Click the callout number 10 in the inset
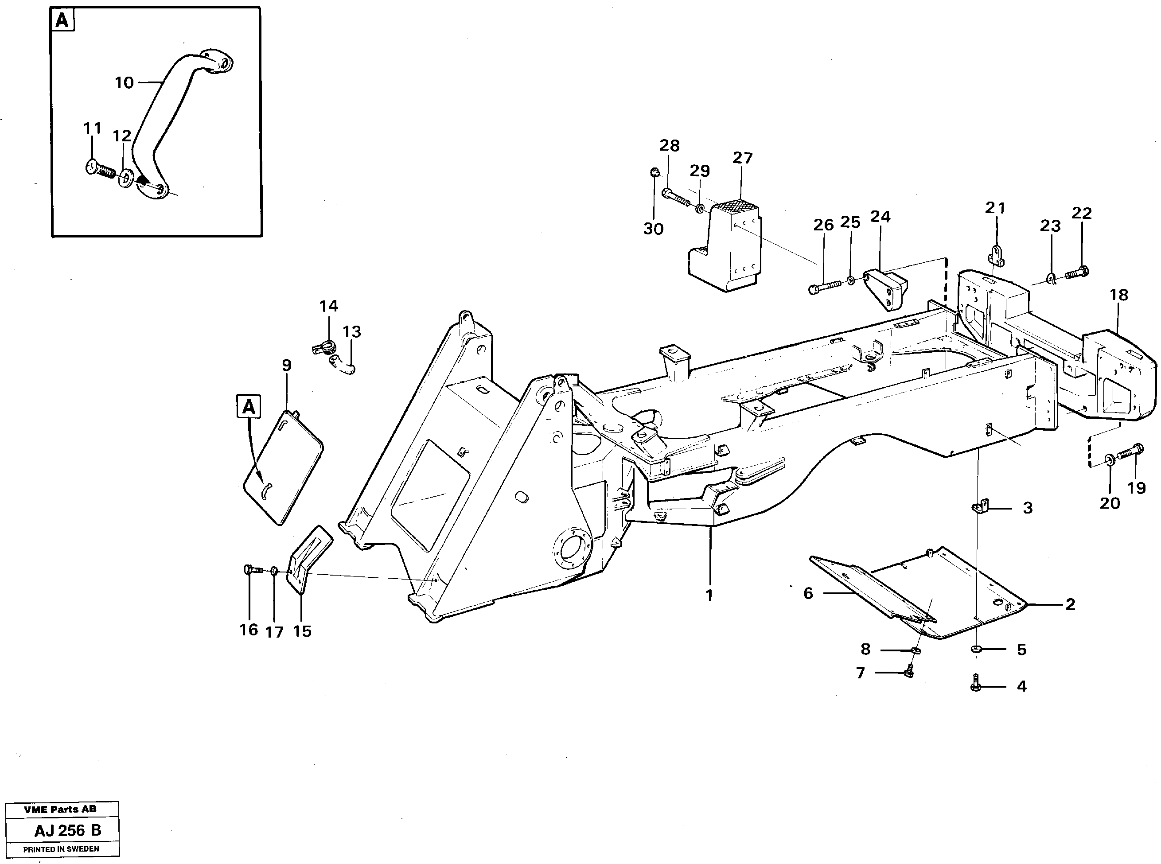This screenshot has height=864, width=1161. tap(124, 83)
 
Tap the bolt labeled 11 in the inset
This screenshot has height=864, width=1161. tap(100, 169)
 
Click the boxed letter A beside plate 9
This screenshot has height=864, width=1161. tap(249, 407)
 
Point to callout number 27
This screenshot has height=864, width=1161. tap(742, 158)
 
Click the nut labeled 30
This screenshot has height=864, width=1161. tap(654, 171)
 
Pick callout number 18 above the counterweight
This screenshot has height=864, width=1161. tap(1118, 295)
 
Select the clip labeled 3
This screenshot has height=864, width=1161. tap(980, 507)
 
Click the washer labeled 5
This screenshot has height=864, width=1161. tap(976, 650)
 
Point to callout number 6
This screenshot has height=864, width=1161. tap(808, 594)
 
